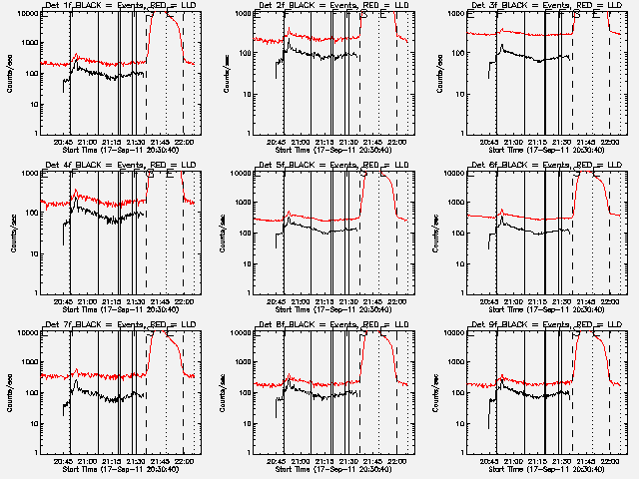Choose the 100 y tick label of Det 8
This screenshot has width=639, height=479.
[244, 392]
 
